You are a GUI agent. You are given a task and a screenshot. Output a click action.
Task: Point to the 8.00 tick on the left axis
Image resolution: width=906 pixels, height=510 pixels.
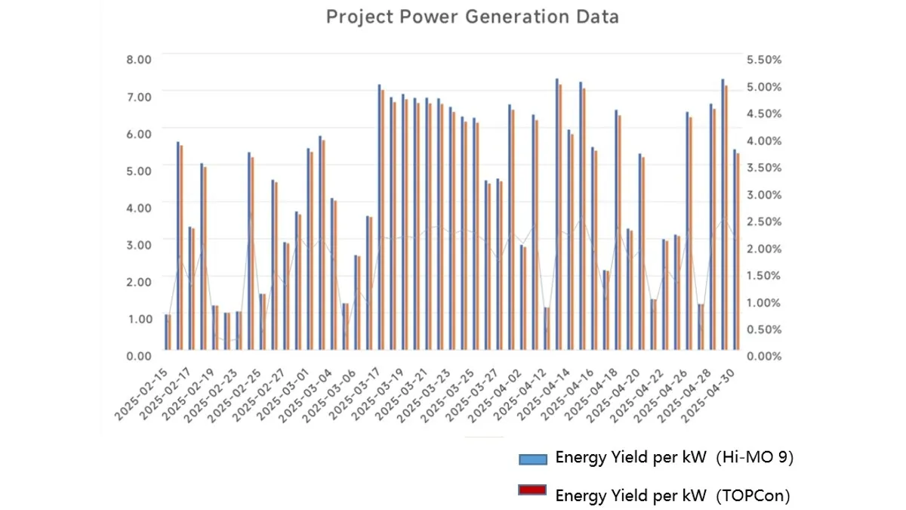139,59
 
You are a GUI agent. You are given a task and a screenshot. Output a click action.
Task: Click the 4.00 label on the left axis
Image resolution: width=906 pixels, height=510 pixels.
139,207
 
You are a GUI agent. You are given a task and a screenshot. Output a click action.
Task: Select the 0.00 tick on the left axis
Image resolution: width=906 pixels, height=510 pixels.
139,355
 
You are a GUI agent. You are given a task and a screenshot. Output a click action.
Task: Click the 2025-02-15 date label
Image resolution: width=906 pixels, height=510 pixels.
143,394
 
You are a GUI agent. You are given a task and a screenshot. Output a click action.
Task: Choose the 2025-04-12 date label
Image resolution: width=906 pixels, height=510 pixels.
520,394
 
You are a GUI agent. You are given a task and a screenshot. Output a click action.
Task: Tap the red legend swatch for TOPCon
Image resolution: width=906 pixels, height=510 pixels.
532,491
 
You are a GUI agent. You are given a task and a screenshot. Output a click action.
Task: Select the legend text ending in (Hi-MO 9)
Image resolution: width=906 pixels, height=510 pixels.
674,457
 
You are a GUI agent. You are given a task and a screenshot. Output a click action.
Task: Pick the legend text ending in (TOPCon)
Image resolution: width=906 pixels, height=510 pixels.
672,496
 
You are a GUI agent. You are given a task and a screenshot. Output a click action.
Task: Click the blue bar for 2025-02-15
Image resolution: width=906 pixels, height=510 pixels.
166,332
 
